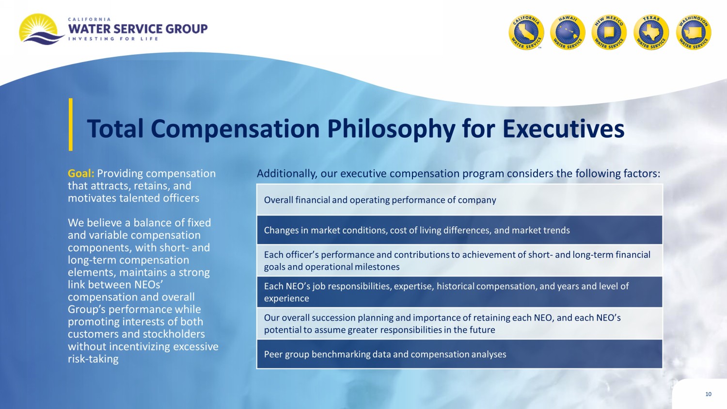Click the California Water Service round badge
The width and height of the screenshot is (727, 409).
526,32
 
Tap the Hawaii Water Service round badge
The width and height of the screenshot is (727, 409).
568,32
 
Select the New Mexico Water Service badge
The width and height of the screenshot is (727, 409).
609,32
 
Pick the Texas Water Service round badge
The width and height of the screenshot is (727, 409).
651,32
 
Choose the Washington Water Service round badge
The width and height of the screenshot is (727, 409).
694,32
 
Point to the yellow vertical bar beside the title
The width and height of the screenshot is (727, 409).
70,125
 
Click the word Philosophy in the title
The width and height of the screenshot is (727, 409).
391,129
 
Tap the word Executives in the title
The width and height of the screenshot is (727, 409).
563,129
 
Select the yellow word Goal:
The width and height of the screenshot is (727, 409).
81,173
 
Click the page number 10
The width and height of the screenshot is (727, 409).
708,394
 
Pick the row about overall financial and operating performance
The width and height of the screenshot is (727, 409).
459,200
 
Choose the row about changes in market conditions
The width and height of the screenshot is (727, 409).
459,230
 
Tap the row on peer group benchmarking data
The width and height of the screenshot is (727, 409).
459,354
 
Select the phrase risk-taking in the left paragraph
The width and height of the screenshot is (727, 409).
93,359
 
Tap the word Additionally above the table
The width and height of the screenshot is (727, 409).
287,173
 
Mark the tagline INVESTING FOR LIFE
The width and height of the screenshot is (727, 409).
113,39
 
